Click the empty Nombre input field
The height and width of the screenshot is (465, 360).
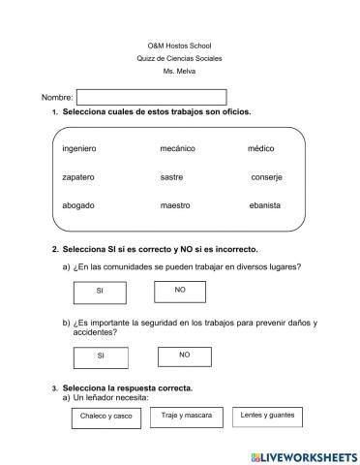tap(151, 97)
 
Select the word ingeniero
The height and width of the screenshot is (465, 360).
tap(78, 149)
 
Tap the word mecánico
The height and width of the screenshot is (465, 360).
tap(178, 149)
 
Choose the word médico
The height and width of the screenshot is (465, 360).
tap(260, 149)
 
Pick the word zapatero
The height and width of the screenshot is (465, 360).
tap(78, 177)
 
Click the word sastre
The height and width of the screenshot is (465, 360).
tap(171, 177)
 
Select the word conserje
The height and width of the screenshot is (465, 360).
tap(266, 177)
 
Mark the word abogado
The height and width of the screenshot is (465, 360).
tap(78, 205)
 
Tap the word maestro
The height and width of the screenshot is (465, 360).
tap(175, 205)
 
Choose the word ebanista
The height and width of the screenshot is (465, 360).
tap(264, 205)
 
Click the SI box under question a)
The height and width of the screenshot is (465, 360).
tap(100, 291)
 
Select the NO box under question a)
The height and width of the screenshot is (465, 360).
tap(180, 289)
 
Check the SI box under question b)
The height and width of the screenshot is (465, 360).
tap(100, 356)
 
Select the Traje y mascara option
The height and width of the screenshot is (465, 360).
tap(185, 415)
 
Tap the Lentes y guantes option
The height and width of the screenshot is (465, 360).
tap(268, 415)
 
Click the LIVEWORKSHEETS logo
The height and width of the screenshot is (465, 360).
tap(302, 454)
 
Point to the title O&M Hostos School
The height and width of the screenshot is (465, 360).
tap(179, 46)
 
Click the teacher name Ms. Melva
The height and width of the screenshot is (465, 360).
tap(179, 72)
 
